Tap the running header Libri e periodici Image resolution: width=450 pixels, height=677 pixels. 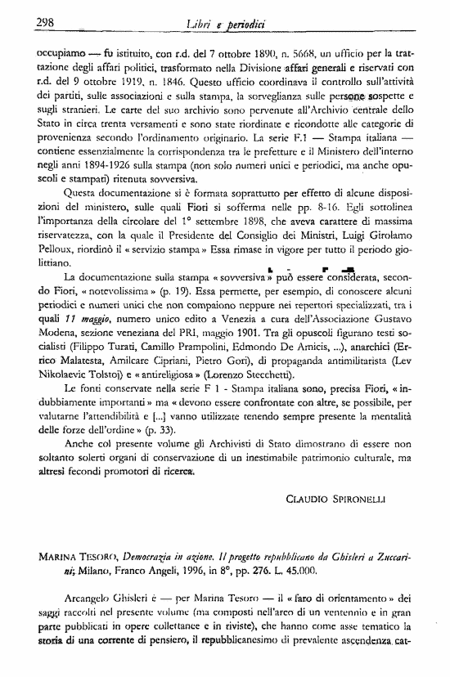pyautogui.click(x=226, y=24)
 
